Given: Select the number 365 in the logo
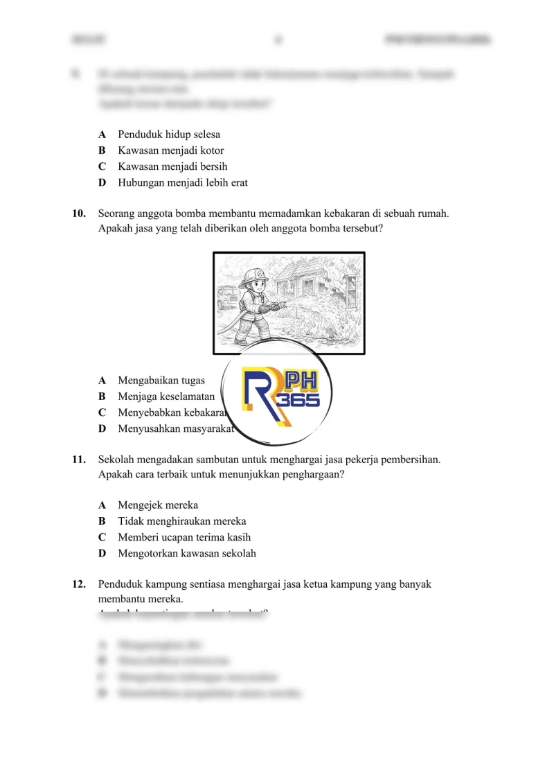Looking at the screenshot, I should click(298, 401).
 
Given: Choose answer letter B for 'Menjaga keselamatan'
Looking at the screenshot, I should click(102, 397).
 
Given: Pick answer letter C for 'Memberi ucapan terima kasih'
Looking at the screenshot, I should click(102, 537).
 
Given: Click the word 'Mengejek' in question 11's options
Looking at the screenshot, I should click(138, 505).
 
